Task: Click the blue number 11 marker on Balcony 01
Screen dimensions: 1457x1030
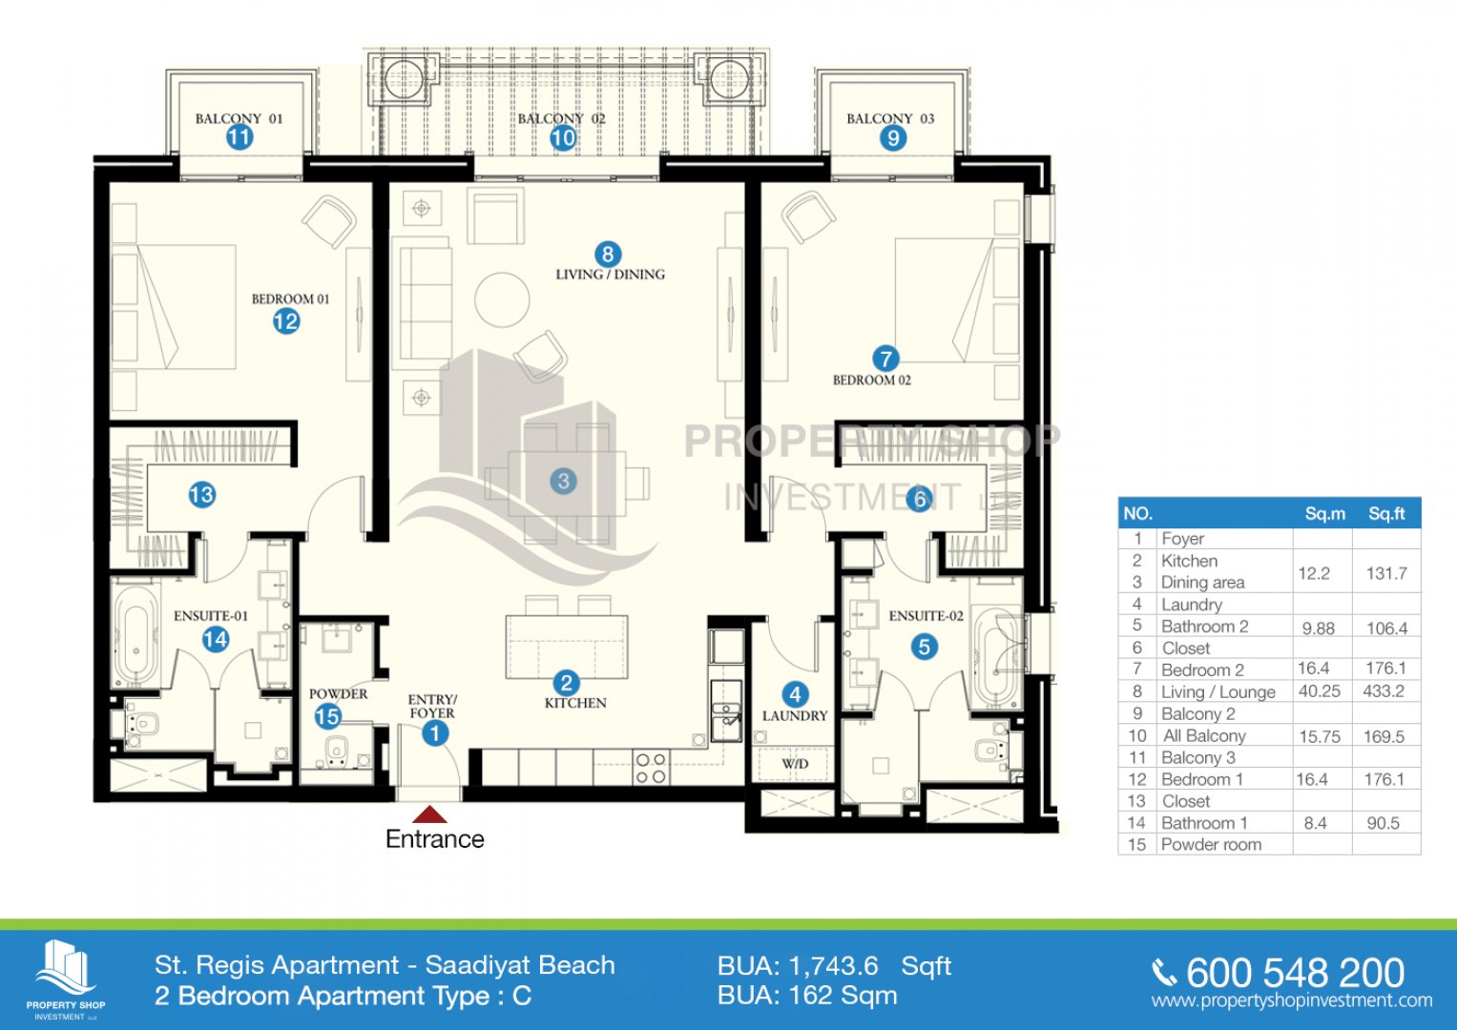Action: click(239, 137)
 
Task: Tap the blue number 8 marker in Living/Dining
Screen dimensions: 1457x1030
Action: click(608, 255)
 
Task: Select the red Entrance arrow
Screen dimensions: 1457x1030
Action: click(429, 814)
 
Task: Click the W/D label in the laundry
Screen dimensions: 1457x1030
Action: click(794, 763)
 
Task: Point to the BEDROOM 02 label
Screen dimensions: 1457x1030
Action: click(871, 380)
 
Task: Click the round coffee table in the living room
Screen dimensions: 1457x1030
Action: click(502, 299)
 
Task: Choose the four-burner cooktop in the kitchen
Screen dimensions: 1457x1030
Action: click(651, 768)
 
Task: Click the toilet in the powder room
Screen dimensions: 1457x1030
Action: click(336, 752)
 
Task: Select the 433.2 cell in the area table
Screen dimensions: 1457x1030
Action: click(1384, 690)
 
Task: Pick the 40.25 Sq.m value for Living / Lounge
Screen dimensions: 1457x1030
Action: click(1319, 690)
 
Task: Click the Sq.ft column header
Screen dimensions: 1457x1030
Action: click(1386, 514)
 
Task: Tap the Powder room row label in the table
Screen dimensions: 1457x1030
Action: click(1211, 845)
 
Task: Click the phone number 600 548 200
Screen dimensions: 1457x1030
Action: click(1295, 973)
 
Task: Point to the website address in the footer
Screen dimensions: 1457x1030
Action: click(1292, 1000)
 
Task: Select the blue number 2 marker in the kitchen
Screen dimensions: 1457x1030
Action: click(566, 684)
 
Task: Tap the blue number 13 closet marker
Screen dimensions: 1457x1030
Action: click(201, 495)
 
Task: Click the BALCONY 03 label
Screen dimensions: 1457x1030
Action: click(890, 119)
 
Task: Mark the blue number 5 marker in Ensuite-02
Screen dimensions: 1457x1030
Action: click(925, 647)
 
